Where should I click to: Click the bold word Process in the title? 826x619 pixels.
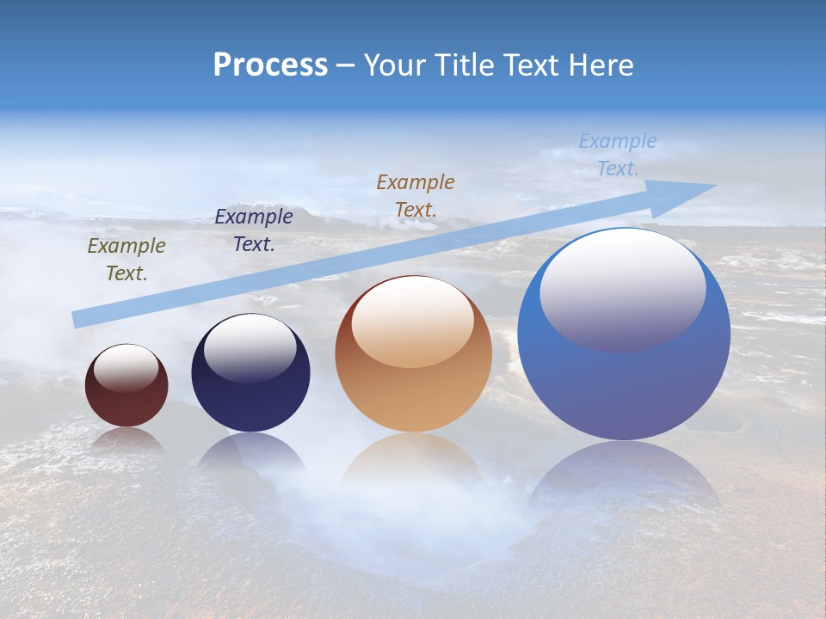click(x=270, y=65)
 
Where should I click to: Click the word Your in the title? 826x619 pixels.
click(x=395, y=65)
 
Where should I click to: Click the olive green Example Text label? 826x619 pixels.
click(x=126, y=260)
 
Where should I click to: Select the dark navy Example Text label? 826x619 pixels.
click(x=253, y=230)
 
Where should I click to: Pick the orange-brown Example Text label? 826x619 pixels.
click(x=415, y=195)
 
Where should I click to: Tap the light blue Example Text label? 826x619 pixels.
click(x=617, y=155)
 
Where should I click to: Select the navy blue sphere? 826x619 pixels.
click(x=250, y=395)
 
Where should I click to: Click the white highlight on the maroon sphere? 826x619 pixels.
click(x=126, y=368)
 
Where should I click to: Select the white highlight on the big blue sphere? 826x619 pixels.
click(x=622, y=288)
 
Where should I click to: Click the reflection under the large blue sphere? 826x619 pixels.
click(x=624, y=481)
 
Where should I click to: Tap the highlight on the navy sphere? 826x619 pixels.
click(x=250, y=348)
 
